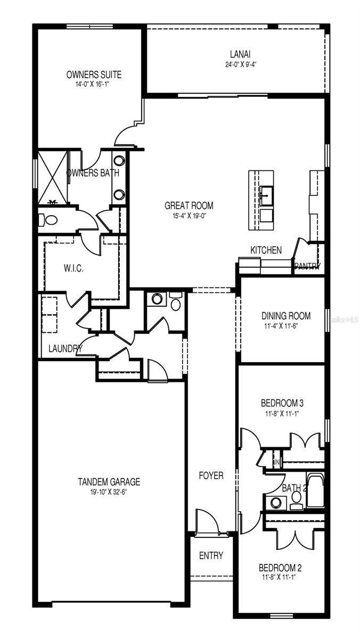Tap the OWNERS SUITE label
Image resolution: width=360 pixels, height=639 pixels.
94,75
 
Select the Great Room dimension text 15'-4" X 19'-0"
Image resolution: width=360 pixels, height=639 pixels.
189,216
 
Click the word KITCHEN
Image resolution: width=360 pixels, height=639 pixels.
266,250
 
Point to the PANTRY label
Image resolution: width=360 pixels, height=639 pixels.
307,266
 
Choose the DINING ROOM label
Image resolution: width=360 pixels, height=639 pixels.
286,316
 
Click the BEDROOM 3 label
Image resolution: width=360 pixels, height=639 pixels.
282,403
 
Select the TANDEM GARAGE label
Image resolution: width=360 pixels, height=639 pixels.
109,482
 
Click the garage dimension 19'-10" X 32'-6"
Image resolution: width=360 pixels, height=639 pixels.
109,492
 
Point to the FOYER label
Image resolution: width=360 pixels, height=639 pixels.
211,476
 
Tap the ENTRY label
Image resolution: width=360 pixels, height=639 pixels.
211,555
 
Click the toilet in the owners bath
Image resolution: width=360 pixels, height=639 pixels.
49,219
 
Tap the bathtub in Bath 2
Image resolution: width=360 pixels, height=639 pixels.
315,490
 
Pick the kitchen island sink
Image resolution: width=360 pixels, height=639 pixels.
266,192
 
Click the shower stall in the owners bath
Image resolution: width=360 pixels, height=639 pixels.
52,177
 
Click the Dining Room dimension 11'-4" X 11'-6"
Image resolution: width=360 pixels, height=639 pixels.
286,325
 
